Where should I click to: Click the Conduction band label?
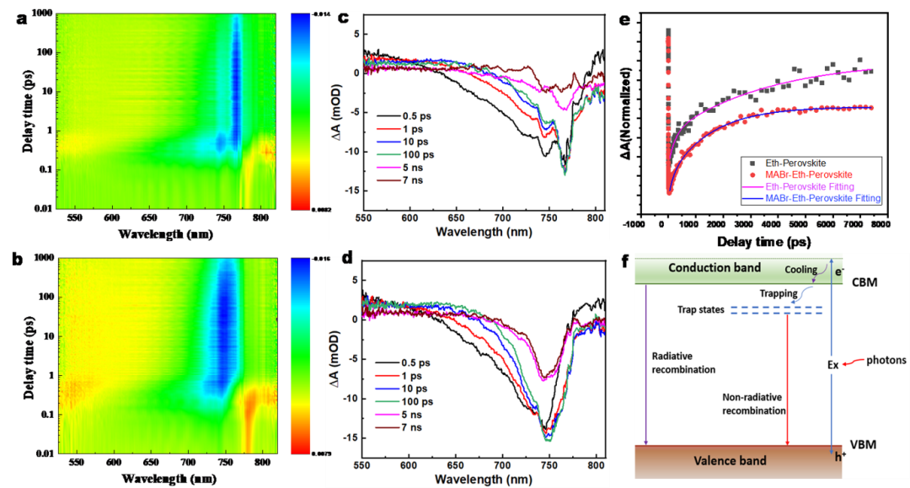coord(714,268)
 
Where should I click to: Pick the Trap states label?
coord(700,309)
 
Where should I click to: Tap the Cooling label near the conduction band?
coord(800,270)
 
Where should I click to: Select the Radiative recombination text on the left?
coord(683,362)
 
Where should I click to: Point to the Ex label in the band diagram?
coord(833,364)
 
